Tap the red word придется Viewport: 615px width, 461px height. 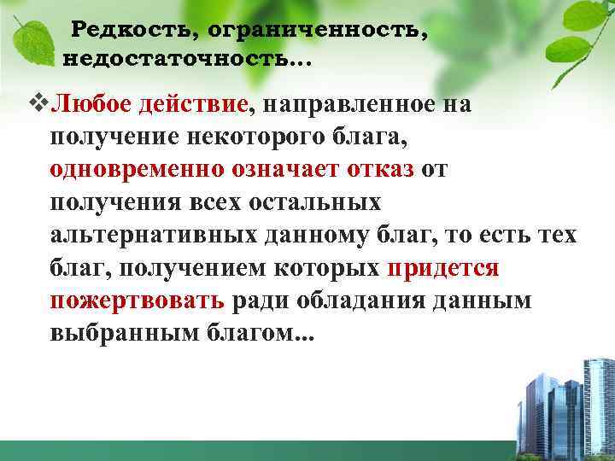[x=442, y=267]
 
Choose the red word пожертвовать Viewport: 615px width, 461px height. [x=137, y=301]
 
